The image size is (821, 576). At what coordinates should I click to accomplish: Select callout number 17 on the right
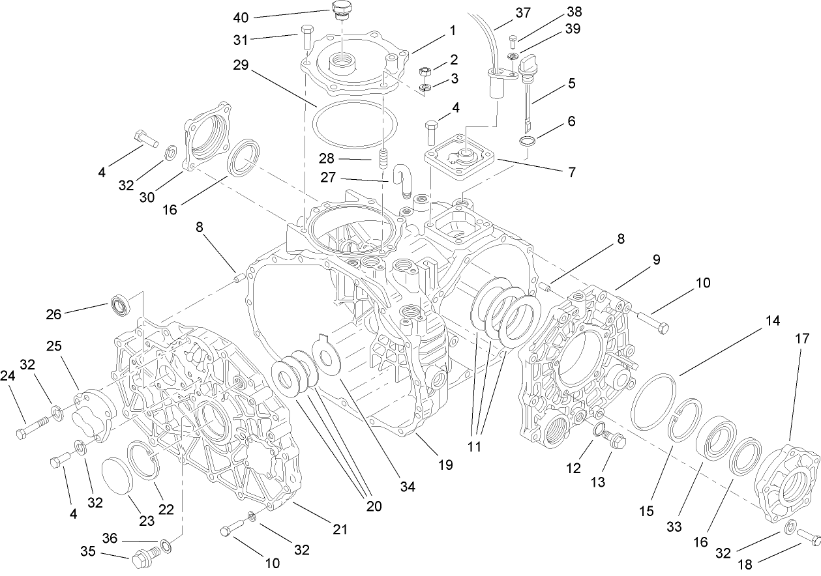pyautogui.click(x=801, y=338)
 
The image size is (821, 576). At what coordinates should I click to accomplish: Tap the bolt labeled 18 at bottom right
pyautogui.click(x=807, y=538)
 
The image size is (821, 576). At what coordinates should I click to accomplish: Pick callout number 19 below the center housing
pyautogui.click(x=445, y=465)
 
